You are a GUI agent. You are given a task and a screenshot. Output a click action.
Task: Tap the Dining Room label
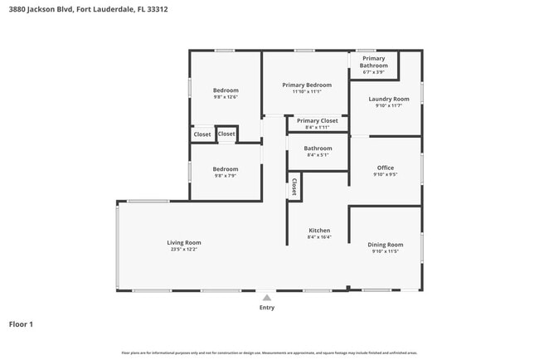click(x=386, y=245)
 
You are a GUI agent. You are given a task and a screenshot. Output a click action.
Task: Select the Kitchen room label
click(x=319, y=231)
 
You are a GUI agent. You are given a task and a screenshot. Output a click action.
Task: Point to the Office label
click(x=386, y=168)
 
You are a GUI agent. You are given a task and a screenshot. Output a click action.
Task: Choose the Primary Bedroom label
click(x=306, y=85)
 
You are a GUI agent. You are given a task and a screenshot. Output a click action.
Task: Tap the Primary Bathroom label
click(x=373, y=62)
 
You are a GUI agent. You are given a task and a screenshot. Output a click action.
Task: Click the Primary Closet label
click(x=317, y=120)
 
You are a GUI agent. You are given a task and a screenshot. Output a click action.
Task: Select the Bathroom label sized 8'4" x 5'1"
click(x=318, y=148)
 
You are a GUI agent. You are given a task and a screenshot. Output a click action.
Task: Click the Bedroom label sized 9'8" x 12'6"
click(x=226, y=90)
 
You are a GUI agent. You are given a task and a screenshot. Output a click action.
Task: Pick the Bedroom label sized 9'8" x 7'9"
click(x=226, y=169)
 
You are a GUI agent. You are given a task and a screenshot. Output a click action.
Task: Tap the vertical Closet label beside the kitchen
click(x=294, y=187)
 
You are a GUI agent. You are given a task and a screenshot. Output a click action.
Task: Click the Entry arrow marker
click(x=266, y=298)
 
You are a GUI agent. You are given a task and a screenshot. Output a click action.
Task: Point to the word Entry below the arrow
click(x=266, y=308)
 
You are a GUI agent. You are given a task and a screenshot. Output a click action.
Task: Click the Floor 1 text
click(x=21, y=324)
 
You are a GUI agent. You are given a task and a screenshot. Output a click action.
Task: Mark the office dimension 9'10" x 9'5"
click(x=386, y=175)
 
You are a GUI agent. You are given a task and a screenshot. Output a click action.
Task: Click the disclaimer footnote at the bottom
click(x=269, y=353)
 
